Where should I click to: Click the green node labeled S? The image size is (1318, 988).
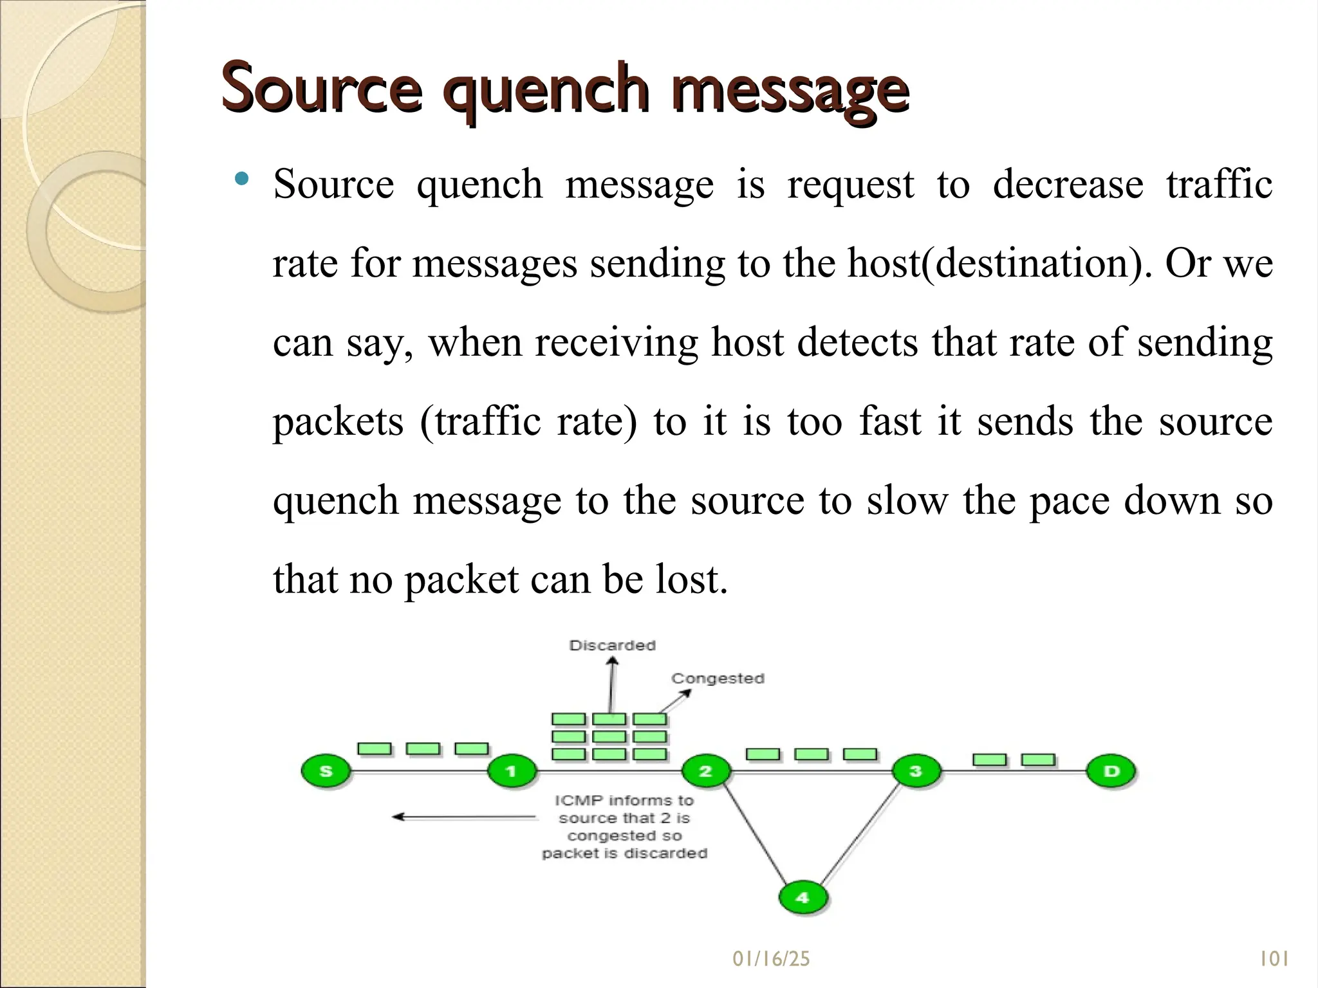coord(326,771)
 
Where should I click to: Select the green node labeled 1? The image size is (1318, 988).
coord(512,771)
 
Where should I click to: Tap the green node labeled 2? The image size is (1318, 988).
coord(705,771)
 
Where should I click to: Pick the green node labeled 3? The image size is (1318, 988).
coord(916,771)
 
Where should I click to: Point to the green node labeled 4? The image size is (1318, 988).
coord(803,897)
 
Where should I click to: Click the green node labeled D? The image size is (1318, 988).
coord(1111,771)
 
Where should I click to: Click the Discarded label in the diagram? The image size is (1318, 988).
coord(612,645)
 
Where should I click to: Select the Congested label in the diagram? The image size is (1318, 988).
coord(718,679)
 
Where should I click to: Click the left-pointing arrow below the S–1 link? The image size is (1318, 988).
coord(463,817)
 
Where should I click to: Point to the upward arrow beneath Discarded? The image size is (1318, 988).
coord(612,685)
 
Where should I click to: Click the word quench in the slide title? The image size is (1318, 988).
coord(546,90)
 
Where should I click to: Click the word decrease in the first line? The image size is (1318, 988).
coord(1068,185)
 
